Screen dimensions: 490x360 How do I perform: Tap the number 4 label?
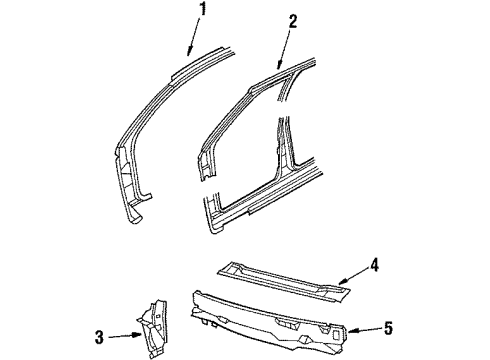coord(373,265)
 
